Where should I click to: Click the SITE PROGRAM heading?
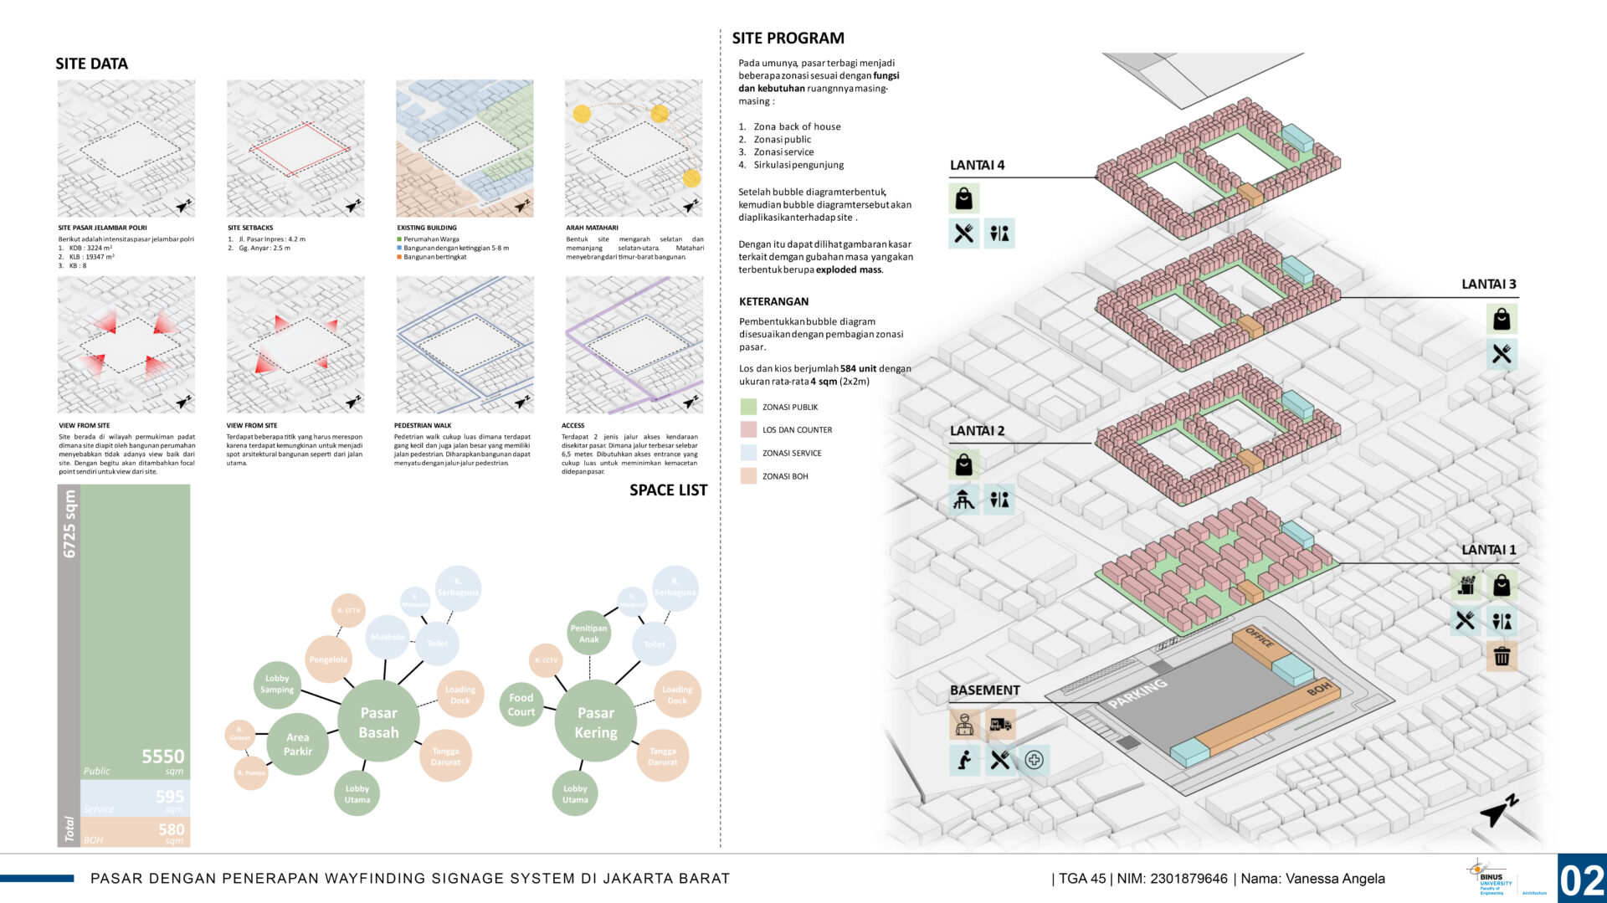point(788,38)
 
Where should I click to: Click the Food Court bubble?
point(521,705)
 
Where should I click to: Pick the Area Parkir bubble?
point(297,744)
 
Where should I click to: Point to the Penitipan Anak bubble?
point(588,634)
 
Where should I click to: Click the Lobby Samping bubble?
point(277,684)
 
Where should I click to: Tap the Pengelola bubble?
point(328,659)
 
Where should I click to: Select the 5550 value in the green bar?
point(162,757)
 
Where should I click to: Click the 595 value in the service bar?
point(169,797)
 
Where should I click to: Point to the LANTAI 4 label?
point(977,166)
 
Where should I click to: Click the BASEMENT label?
point(984,690)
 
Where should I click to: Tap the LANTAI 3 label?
point(1488,285)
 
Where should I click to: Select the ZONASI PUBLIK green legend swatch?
point(748,408)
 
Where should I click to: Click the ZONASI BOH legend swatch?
point(748,476)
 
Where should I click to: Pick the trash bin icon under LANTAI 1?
point(1502,656)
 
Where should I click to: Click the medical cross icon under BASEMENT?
point(1034,760)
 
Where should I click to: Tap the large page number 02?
point(1581,880)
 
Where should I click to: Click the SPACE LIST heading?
point(668,490)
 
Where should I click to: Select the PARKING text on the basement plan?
point(1137,693)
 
